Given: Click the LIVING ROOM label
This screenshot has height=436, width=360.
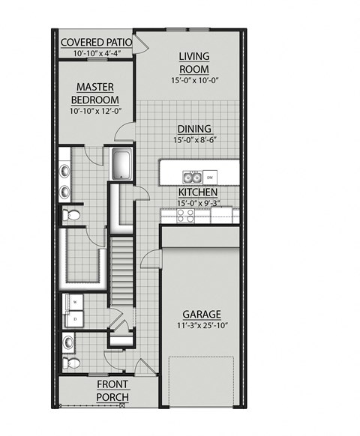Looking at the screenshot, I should click(x=193, y=63).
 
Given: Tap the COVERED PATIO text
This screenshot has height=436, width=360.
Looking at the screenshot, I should click(x=95, y=42).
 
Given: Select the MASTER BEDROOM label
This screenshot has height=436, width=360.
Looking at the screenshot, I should click(x=96, y=94).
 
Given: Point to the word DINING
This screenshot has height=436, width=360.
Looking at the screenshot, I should click(x=193, y=128).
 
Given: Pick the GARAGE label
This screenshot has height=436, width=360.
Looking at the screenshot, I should click(x=202, y=314).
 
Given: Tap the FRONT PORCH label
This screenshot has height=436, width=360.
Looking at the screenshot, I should click(x=112, y=390).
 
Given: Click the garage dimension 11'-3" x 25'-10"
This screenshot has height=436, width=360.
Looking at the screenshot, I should click(x=202, y=326).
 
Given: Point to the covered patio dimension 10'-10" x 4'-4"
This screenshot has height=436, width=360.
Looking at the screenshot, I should click(x=95, y=53).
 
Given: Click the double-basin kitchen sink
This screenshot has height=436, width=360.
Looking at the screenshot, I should click(x=192, y=178).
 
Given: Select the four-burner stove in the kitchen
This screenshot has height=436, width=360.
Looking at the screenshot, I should click(x=185, y=215).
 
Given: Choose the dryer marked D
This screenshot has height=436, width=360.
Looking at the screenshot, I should click(x=76, y=318).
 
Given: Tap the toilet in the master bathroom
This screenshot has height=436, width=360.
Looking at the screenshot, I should click(x=72, y=215).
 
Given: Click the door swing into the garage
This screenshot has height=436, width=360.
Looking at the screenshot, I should click(x=152, y=258).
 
